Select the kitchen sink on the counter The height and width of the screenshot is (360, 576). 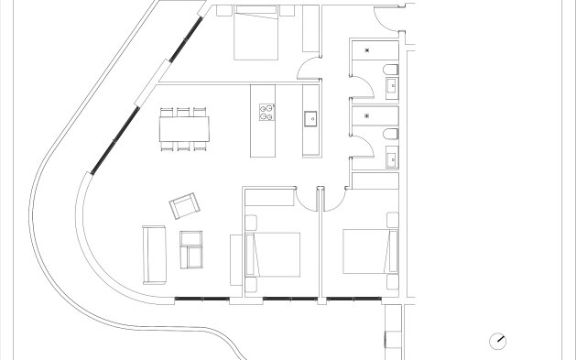click(x=310, y=117)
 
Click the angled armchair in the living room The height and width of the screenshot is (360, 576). click(x=183, y=206)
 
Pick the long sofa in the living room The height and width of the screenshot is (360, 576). click(x=153, y=254)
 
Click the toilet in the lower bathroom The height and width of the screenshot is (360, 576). click(x=390, y=136)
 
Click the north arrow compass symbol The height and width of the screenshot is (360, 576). click(x=498, y=340)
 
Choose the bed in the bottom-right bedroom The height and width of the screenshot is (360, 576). click(x=370, y=250)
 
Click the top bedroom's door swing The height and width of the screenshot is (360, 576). click(x=311, y=70)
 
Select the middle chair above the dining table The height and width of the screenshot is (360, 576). click(x=183, y=111)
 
